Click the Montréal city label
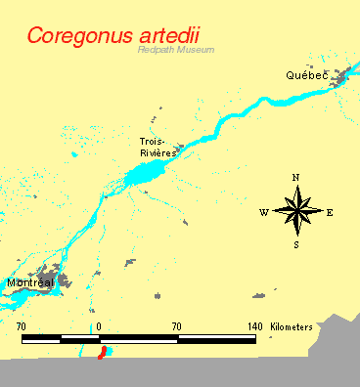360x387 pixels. click(x=29, y=282)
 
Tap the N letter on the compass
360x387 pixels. click(x=295, y=177)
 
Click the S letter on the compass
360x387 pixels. click(x=295, y=245)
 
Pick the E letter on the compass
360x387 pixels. click(x=330, y=212)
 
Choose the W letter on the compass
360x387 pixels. click(x=263, y=212)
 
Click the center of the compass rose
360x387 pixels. click(x=296, y=211)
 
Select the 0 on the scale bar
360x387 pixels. click(x=99, y=325)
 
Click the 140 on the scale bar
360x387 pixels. click(x=254, y=325)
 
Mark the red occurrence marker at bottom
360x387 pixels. click(x=101, y=352)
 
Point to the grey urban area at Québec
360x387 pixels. click(x=342, y=78)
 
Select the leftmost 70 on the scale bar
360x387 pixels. click(x=22, y=325)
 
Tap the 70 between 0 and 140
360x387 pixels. click(x=176, y=325)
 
